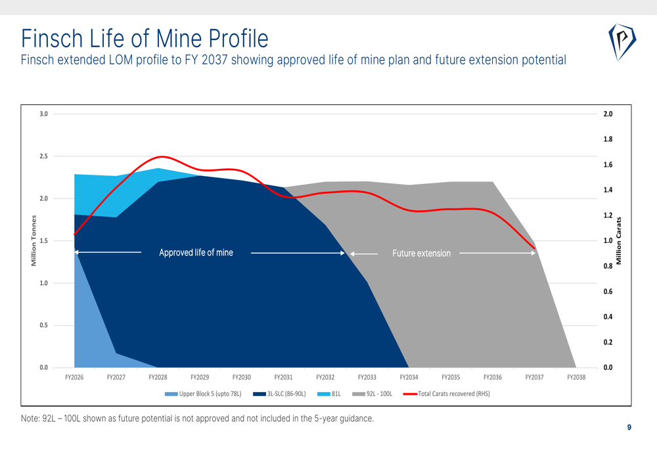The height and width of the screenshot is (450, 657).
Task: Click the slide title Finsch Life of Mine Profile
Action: (x=145, y=38)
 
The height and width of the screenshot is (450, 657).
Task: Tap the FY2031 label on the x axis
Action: (x=283, y=377)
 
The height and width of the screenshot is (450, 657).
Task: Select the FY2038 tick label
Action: (x=576, y=377)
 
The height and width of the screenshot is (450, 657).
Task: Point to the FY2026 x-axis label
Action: (x=74, y=377)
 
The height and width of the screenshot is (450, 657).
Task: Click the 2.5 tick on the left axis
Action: (x=43, y=156)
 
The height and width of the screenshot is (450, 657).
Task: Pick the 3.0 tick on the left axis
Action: (x=43, y=114)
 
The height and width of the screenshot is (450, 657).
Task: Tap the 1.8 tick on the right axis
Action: (x=608, y=139)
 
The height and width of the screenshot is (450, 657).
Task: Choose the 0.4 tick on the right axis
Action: (x=608, y=317)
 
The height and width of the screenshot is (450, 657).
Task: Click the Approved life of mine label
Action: (x=196, y=253)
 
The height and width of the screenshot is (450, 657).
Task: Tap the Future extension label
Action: (x=421, y=254)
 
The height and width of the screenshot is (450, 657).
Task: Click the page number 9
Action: (x=629, y=428)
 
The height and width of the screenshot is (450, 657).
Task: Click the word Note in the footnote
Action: (x=30, y=419)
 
